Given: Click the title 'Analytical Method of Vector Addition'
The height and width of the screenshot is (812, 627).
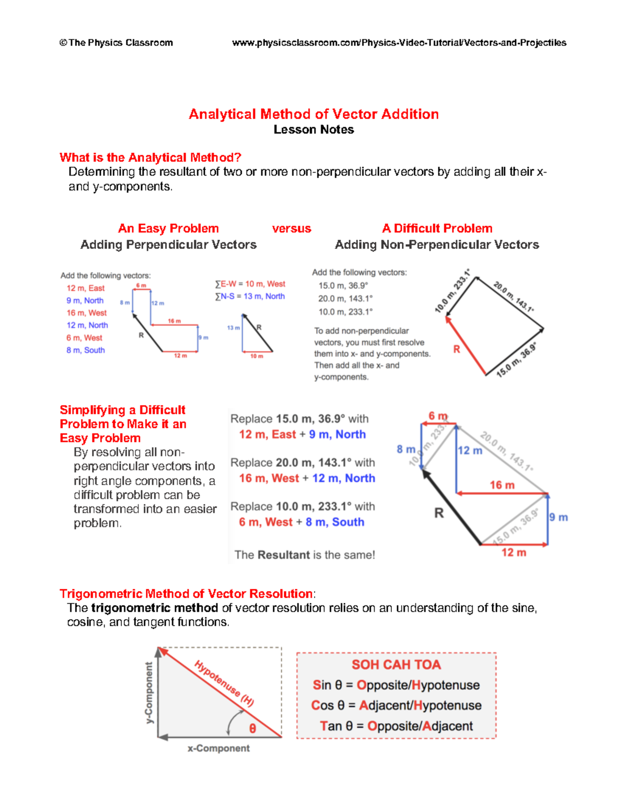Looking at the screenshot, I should click(x=313, y=114).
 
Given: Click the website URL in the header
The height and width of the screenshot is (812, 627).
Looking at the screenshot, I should click(x=399, y=43).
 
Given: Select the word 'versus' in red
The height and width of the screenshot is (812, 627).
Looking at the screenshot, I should click(x=291, y=228).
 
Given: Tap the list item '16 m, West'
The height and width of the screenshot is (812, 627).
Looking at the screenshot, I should click(x=86, y=313).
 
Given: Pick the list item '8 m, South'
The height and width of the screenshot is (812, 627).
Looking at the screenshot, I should click(x=85, y=350).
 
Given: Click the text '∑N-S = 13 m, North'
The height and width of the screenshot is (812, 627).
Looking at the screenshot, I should click(x=250, y=296).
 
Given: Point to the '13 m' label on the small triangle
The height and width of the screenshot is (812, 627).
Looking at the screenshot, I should click(x=233, y=328).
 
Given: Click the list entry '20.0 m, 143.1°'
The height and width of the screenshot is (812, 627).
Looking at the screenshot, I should click(x=345, y=299).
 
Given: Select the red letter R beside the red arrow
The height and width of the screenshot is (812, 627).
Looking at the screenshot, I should click(x=456, y=349).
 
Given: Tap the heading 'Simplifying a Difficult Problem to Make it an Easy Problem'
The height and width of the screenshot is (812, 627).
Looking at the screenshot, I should click(x=123, y=424).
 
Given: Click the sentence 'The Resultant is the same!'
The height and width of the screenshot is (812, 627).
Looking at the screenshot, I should click(x=305, y=555).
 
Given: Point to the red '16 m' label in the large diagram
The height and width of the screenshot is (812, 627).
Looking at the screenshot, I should click(x=502, y=485).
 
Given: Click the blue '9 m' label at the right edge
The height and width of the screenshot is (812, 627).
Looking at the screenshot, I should click(x=558, y=518).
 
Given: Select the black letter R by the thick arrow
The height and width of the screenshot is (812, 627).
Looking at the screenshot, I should click(x=439, y=513).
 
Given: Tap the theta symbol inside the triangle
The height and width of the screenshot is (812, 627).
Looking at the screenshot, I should click(x=252, y=728).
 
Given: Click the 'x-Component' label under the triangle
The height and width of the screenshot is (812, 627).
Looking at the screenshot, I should click(x=218, y=749).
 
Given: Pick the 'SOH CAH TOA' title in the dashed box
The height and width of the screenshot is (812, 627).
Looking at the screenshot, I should click(x=396, y=665).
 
